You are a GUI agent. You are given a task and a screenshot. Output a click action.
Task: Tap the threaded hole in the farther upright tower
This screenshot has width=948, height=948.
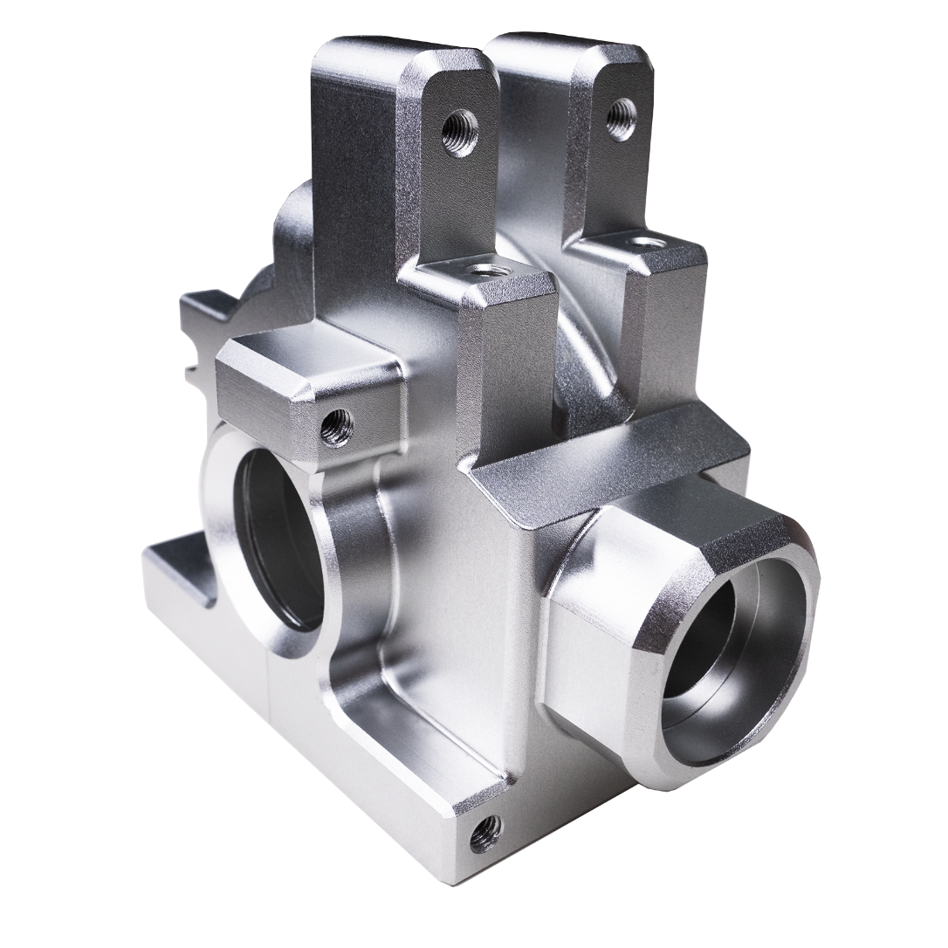coord(622,118)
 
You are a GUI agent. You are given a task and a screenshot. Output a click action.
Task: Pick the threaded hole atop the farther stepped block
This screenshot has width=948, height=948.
coord(644,241)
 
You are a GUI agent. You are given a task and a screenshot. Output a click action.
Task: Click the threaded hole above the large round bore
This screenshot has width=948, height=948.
coord(336,427)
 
